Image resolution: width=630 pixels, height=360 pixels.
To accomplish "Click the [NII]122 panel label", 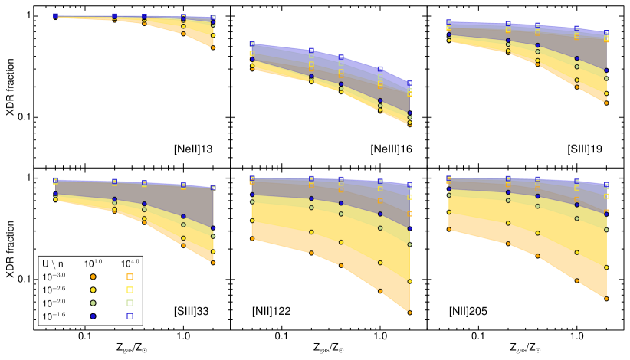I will coord(274,312).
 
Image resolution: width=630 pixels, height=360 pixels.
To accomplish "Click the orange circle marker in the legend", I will coord(93,277).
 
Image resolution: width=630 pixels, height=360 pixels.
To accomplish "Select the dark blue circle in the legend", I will coord(93,316).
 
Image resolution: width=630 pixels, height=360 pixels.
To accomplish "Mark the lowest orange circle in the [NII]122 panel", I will coord(410,313).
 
